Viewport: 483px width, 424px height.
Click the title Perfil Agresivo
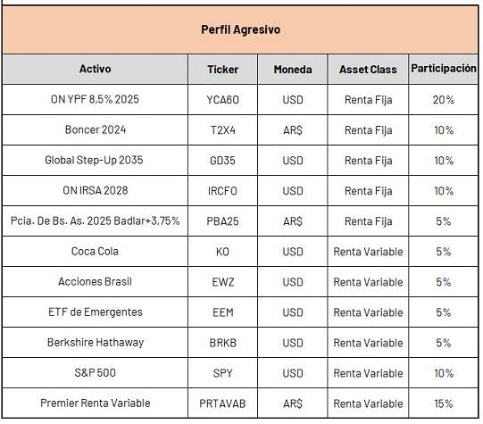[x=240, y=29]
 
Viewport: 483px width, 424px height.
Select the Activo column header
[x=96, y=69]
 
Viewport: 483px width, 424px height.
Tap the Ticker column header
[x=222, y=70]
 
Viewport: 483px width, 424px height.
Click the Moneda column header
[x=293, y=70]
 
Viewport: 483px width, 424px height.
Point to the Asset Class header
[x=368, y=70]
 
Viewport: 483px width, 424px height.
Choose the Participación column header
[x=444, y=69]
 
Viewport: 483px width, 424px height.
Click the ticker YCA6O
[x=222, y=100]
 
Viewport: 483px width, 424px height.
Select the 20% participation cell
[x=444, y=100]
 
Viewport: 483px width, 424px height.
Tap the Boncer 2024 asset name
[x=96, y=129]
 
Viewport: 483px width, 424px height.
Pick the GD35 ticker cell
[x=222, y=161]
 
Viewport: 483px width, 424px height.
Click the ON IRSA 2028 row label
[x=96, y=191]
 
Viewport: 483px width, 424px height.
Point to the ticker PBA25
[x=222, y=221]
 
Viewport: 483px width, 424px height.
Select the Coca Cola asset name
[x=95, y=251]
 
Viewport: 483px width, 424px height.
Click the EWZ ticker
[x=222, y=282]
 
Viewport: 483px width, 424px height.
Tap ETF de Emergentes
[x=96, y=312]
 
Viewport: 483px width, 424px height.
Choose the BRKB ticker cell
[x=222, y=343]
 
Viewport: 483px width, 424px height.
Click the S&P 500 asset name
[x=96, y=373]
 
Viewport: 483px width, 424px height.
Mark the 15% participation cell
[x=444, y=403]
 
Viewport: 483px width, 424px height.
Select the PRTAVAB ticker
[x=222, y=403]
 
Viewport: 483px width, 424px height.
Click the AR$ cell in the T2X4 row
[x=293, y=130]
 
